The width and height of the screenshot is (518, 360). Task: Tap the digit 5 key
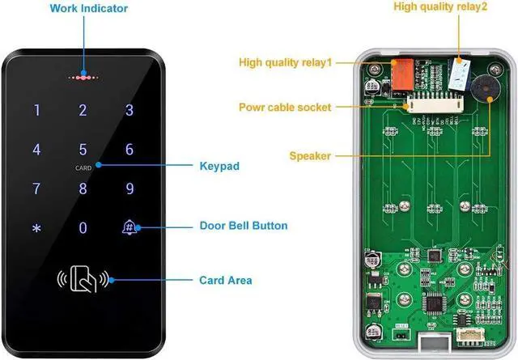(82, 150)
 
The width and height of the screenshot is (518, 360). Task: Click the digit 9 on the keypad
(129, 189)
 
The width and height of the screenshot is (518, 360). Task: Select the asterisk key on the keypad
(36, 228)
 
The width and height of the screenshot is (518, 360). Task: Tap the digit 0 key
(82, 228)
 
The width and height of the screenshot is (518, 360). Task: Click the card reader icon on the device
(83, 279)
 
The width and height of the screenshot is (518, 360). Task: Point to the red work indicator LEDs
(82, 78)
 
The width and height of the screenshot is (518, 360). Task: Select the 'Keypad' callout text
(219, 167)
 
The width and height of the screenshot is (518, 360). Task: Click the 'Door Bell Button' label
(244, 226)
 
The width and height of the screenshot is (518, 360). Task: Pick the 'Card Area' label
(226, 281)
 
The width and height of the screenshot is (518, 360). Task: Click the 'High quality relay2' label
(440, 7)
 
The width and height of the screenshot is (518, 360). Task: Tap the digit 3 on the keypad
(129, 112)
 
